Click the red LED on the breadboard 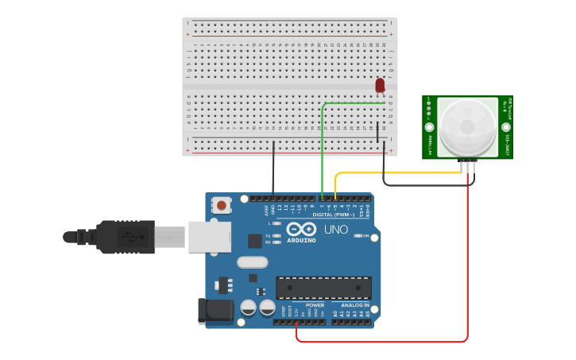point(380,84)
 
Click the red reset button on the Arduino point(221,205)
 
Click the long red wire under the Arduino point(381,342)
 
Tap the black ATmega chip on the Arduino point(323,288)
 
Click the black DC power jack point(215,310)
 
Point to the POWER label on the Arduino point(315,305)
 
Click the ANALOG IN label point(355,305)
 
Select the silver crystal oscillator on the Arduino point(252,261)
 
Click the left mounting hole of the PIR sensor point(430,127)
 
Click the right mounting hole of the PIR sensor point(505,127)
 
